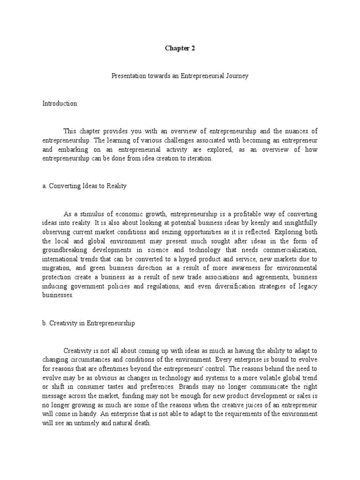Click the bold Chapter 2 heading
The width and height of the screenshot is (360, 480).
180,48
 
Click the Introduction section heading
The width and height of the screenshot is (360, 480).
60,104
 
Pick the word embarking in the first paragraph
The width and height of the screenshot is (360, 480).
72,150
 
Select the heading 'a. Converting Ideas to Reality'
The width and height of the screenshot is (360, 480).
84,186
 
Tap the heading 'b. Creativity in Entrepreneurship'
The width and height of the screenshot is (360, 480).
89,323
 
